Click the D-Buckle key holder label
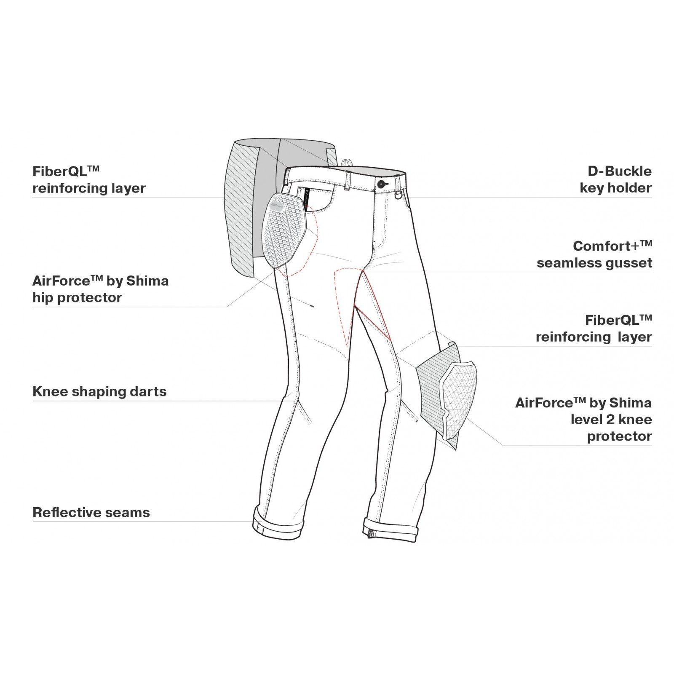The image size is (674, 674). coord(616,179)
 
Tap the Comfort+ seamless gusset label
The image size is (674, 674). coord(594,254)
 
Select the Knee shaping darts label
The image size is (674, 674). coord(99,392)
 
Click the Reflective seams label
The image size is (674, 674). coord(91,513)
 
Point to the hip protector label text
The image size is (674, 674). coord(101,289)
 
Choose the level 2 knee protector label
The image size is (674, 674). coord(583,420)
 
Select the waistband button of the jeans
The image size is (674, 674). coord(382,184)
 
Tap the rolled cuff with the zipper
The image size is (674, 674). coord(391,529)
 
